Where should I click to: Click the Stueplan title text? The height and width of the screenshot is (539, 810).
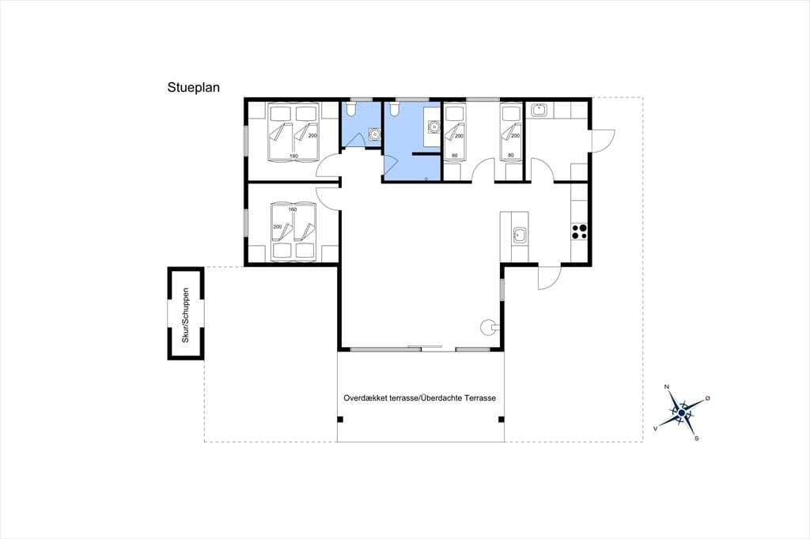point(193,88)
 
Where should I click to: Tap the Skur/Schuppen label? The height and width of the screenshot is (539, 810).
point(185,315)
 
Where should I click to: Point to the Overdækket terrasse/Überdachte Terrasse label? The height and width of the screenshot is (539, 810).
point(419,398)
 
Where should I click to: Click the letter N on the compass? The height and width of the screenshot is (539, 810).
point(666,386)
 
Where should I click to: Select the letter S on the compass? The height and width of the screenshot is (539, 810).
point(696,439)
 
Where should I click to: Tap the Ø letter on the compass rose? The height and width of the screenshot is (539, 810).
point(707,398)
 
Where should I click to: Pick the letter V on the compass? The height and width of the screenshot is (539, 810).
point(656,428)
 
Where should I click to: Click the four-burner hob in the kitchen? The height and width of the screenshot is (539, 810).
point(579,232)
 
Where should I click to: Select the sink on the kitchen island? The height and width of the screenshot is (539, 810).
point(519,236)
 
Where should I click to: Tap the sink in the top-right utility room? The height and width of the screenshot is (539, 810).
point(539,109)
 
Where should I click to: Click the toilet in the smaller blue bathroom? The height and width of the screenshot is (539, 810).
point(350,109)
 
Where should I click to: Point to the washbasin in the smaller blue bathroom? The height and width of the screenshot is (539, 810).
point(373,134)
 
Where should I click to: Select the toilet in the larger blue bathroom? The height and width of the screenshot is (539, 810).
point(395,109)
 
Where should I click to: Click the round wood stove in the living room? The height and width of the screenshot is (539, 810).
point(487,326)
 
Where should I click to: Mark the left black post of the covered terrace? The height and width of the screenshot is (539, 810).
point(340,419)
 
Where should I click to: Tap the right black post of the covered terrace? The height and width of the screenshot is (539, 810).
point(501,419)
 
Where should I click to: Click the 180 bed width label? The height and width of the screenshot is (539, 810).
point(293,156)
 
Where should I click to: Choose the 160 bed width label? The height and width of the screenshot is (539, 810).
point(293,209)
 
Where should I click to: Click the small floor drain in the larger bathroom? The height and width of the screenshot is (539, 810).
point(426,179)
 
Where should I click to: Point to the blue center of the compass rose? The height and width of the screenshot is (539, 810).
point(681,413)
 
